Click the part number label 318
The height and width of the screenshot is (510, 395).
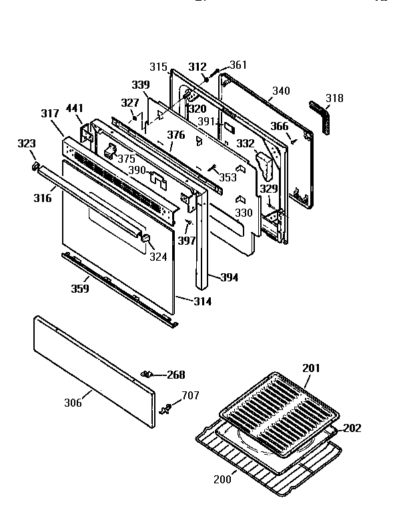(x=334, y=99)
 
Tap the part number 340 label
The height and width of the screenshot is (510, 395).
(x=281, y=90)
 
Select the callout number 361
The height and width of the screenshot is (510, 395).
(x=238, y=65)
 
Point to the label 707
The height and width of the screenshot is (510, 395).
(x=190, y=396)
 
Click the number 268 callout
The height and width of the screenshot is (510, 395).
(x=175, y=375)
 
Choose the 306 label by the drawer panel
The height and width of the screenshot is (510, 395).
(x=73, y=402)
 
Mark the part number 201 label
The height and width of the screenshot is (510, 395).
(x=311, y=369)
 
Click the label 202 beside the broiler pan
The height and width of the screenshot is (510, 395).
(x=352, y=428)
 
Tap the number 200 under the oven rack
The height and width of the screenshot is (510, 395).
(x=222, y=479)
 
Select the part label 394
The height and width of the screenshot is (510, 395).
(x=229, y=277)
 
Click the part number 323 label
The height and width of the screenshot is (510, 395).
(x=26, y=143)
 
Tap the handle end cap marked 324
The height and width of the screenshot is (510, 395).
(x=147, y=239)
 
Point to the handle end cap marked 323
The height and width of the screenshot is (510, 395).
(x=35, y=165)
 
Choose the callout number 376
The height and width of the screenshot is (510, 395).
(x=175, y=135)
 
